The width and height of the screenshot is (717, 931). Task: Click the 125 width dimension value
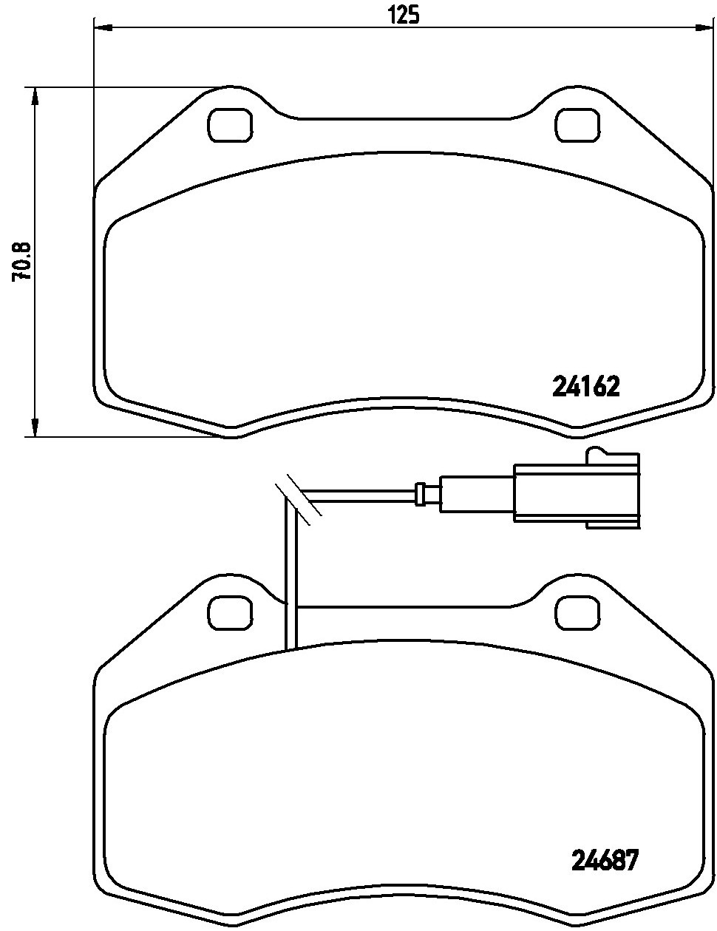[404, 13]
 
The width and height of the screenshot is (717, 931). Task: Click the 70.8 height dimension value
[21, 261]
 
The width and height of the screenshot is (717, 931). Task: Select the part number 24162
[585, 386]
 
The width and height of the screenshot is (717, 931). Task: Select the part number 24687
[604, 860]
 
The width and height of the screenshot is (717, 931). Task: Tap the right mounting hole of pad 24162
[579, 125]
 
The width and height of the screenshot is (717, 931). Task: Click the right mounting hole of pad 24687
[579, 612]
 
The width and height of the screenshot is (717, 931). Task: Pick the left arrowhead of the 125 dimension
[102, 28]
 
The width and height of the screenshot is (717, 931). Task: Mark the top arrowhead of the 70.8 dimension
[33, 96]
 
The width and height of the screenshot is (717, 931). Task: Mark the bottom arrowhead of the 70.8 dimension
[33, 427]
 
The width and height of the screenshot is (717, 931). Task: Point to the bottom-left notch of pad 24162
[232, 430]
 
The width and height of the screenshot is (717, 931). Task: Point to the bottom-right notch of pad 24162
[578, 430]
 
